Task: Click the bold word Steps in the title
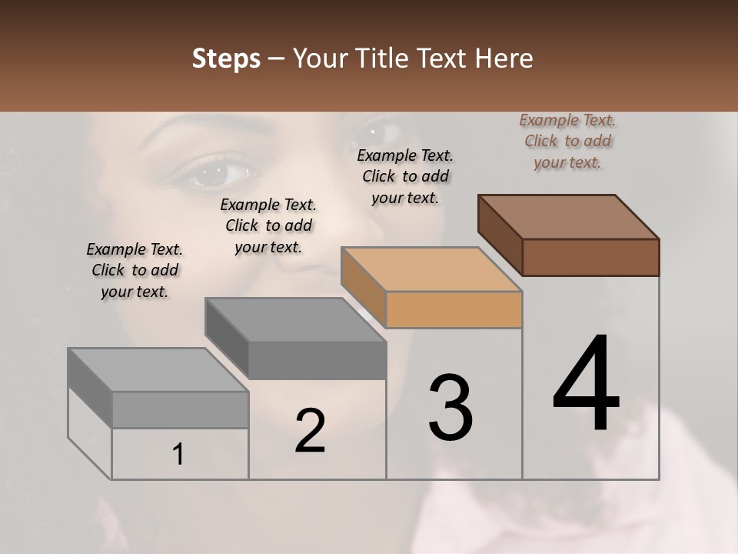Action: point(226,58)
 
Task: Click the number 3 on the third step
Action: point(450,407)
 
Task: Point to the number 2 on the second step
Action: point(310,431)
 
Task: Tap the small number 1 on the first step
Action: point(178,454)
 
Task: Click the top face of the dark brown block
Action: point(567,216)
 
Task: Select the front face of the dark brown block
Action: point(590,257)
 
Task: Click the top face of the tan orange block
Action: point(430,269)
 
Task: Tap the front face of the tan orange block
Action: point(454,309)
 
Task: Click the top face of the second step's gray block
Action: point(294,319)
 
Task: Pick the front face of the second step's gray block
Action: point(317,360)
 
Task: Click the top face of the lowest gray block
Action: point(158,370)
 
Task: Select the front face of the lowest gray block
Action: point(180,409)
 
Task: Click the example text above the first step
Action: point(135,270)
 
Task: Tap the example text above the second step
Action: point(268,225)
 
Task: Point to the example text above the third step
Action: point(405,176)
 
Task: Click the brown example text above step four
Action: point(567,141)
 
